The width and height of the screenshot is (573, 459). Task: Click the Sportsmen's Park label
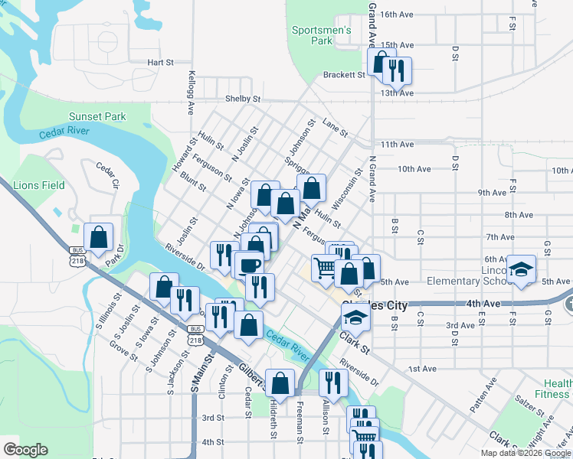321,36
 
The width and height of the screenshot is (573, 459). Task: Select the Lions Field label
39,185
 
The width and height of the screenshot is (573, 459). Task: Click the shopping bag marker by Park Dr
99,238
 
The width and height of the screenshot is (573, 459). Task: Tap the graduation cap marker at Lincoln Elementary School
522,270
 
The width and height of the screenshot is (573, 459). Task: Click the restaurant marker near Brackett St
396,71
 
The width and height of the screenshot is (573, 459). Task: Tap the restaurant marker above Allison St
332,383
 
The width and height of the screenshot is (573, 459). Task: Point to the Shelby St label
243,99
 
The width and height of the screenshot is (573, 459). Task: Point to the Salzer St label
529,400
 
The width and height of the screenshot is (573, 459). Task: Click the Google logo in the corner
25,450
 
